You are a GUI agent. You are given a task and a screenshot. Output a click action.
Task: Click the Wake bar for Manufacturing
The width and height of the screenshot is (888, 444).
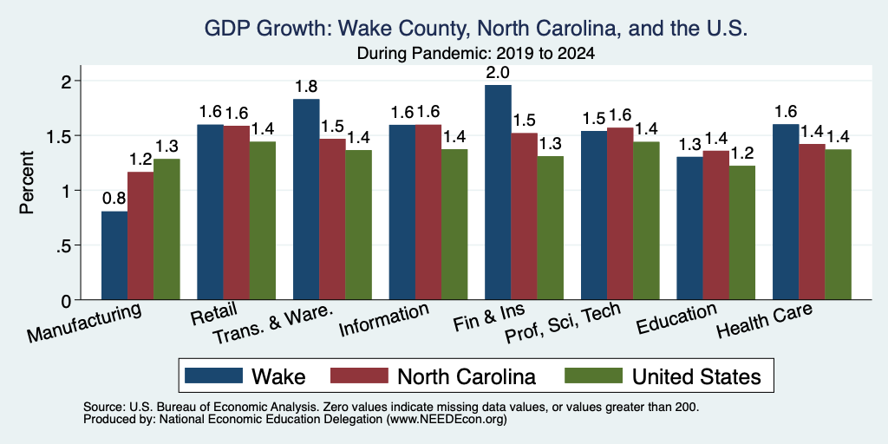[114, 256]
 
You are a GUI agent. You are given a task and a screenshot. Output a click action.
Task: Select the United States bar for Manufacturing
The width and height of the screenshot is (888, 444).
[166, 229]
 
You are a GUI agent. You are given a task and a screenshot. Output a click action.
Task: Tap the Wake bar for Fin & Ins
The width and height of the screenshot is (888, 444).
[498, 193]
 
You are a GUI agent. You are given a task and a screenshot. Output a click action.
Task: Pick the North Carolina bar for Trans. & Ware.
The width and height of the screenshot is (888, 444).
[332, 219]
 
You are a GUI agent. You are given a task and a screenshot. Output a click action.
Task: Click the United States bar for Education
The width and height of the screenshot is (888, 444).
[742, 232]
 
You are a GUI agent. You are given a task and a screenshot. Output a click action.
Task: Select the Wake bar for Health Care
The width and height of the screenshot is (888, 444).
[786, 212]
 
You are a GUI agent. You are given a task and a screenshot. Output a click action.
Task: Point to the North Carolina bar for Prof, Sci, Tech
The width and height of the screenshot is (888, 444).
[620, 213]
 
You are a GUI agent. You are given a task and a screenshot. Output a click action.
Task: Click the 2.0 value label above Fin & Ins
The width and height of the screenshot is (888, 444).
[498, 73]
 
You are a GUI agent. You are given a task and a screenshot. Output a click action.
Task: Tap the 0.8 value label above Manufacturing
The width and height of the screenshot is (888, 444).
[114, 199]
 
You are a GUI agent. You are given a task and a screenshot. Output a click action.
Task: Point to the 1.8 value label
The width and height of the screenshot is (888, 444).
[306, 87]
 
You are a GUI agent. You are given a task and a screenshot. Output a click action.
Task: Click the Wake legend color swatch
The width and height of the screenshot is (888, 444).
[214, 375]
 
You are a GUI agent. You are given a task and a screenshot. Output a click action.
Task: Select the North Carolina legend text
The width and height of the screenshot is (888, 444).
[467, 376]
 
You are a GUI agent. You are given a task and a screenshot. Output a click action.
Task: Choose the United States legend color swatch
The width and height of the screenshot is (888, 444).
[593, 375]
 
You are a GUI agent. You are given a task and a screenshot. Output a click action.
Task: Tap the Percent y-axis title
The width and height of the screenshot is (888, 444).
[27, 182]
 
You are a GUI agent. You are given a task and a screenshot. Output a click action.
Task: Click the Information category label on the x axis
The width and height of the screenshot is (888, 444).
[384, 319]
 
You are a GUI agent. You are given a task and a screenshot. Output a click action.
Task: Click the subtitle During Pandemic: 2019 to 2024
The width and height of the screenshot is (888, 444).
[476, 55]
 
